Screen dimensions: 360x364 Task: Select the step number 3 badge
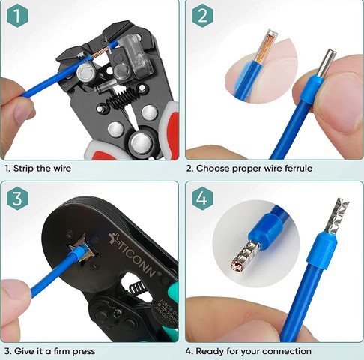tap(19, 199)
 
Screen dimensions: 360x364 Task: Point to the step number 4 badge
tap(202, 199)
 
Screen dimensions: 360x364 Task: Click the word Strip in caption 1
tap(26, 169)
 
